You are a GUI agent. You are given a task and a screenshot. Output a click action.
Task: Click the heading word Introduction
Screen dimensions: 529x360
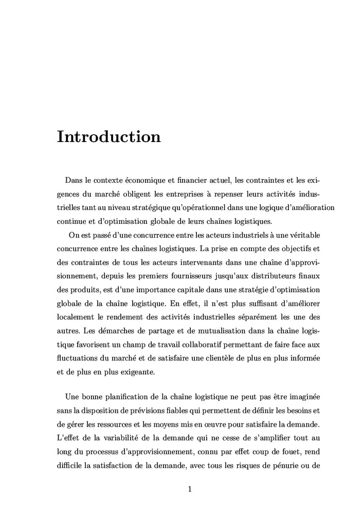tap(109, 137)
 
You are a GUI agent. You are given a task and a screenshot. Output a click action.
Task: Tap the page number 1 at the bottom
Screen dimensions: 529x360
tap(190, 489)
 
